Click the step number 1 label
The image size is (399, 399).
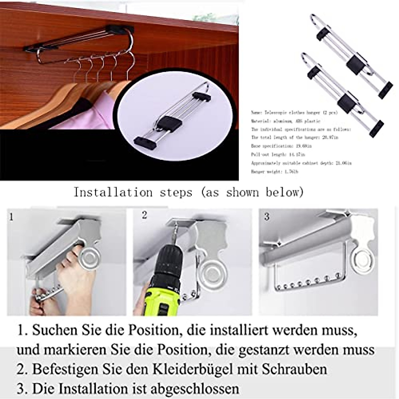pyautogui.click(x=12, y=217)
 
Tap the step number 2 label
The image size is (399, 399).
pyautogui.click(x=144, y=215)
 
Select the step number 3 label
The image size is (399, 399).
pyautogui.click(x=267, y=217)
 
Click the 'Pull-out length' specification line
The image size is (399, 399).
pyautogui.click(x=278, y=155)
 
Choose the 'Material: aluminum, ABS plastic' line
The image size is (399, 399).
pyautogui.click(x=286, y=121)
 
